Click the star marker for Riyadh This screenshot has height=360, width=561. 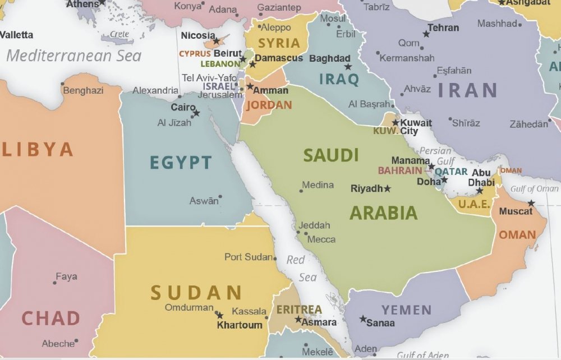point(387,189)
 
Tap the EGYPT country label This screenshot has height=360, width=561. point(181,163)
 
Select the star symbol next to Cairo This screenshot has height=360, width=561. point(196,113)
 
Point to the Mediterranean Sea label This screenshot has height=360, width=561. point(73,56)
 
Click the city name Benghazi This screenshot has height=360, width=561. point(83,90)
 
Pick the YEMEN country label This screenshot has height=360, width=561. point(407,310)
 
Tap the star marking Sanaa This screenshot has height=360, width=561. point(363,319)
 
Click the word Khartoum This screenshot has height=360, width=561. point(240,325)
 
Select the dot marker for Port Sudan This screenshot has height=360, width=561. point(275,259)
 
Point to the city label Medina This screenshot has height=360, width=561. point(318,184)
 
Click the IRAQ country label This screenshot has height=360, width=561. point(339,80)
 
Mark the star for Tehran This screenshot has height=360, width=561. point(426,34)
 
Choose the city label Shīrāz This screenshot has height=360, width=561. point(466,123)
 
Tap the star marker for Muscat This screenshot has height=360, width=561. point(531,203)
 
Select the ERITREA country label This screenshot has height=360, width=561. point(299,310)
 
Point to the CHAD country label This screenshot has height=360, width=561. point(50,319)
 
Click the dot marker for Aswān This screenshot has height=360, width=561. point(220,197)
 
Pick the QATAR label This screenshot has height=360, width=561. point(451,172)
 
